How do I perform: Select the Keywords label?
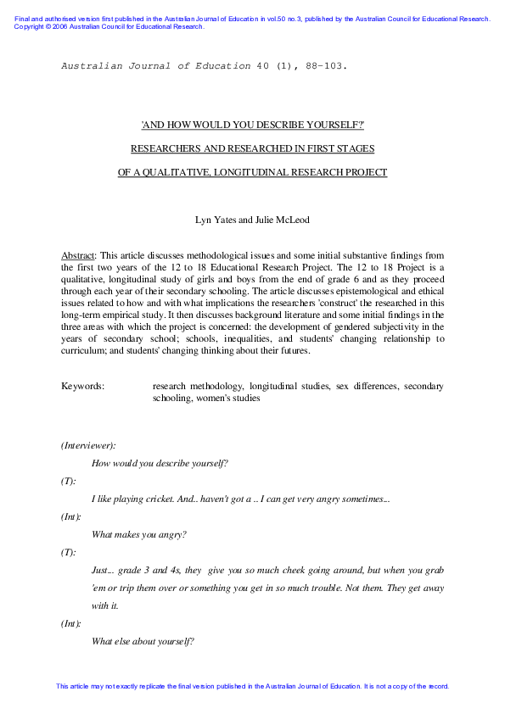82,387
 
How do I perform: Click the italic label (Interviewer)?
88,445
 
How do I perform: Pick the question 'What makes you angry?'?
138,534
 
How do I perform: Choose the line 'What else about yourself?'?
143,641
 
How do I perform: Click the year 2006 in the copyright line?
50,26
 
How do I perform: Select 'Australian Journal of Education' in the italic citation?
156,65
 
